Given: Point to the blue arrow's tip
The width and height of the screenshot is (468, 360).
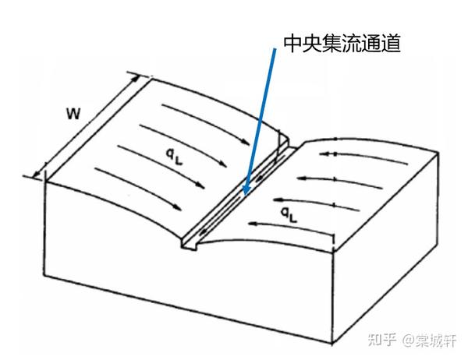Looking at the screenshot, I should click(x=243, y=195).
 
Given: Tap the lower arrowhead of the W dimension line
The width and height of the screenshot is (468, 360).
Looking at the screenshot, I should click(x=34, y=177).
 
